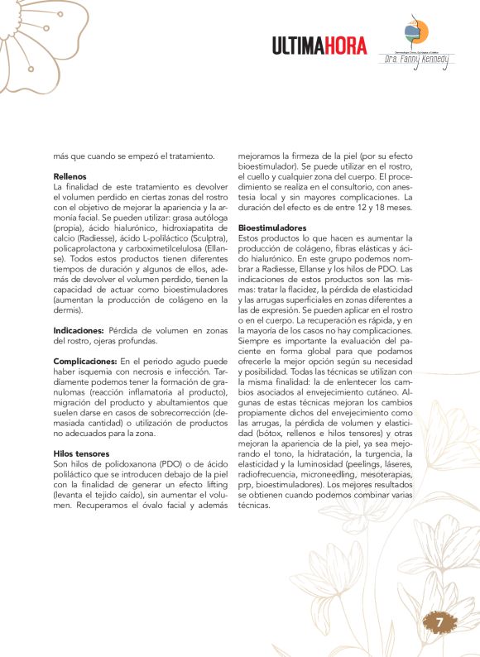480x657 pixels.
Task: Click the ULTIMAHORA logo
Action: coord(319,46)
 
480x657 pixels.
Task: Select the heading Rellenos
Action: coord(70,176)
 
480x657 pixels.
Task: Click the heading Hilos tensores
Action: coord(81,453)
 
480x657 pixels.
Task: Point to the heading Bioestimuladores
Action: coord(272,227)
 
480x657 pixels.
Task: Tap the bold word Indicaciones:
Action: coord(79,329)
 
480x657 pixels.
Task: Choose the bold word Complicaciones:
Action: coord(85,361)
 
